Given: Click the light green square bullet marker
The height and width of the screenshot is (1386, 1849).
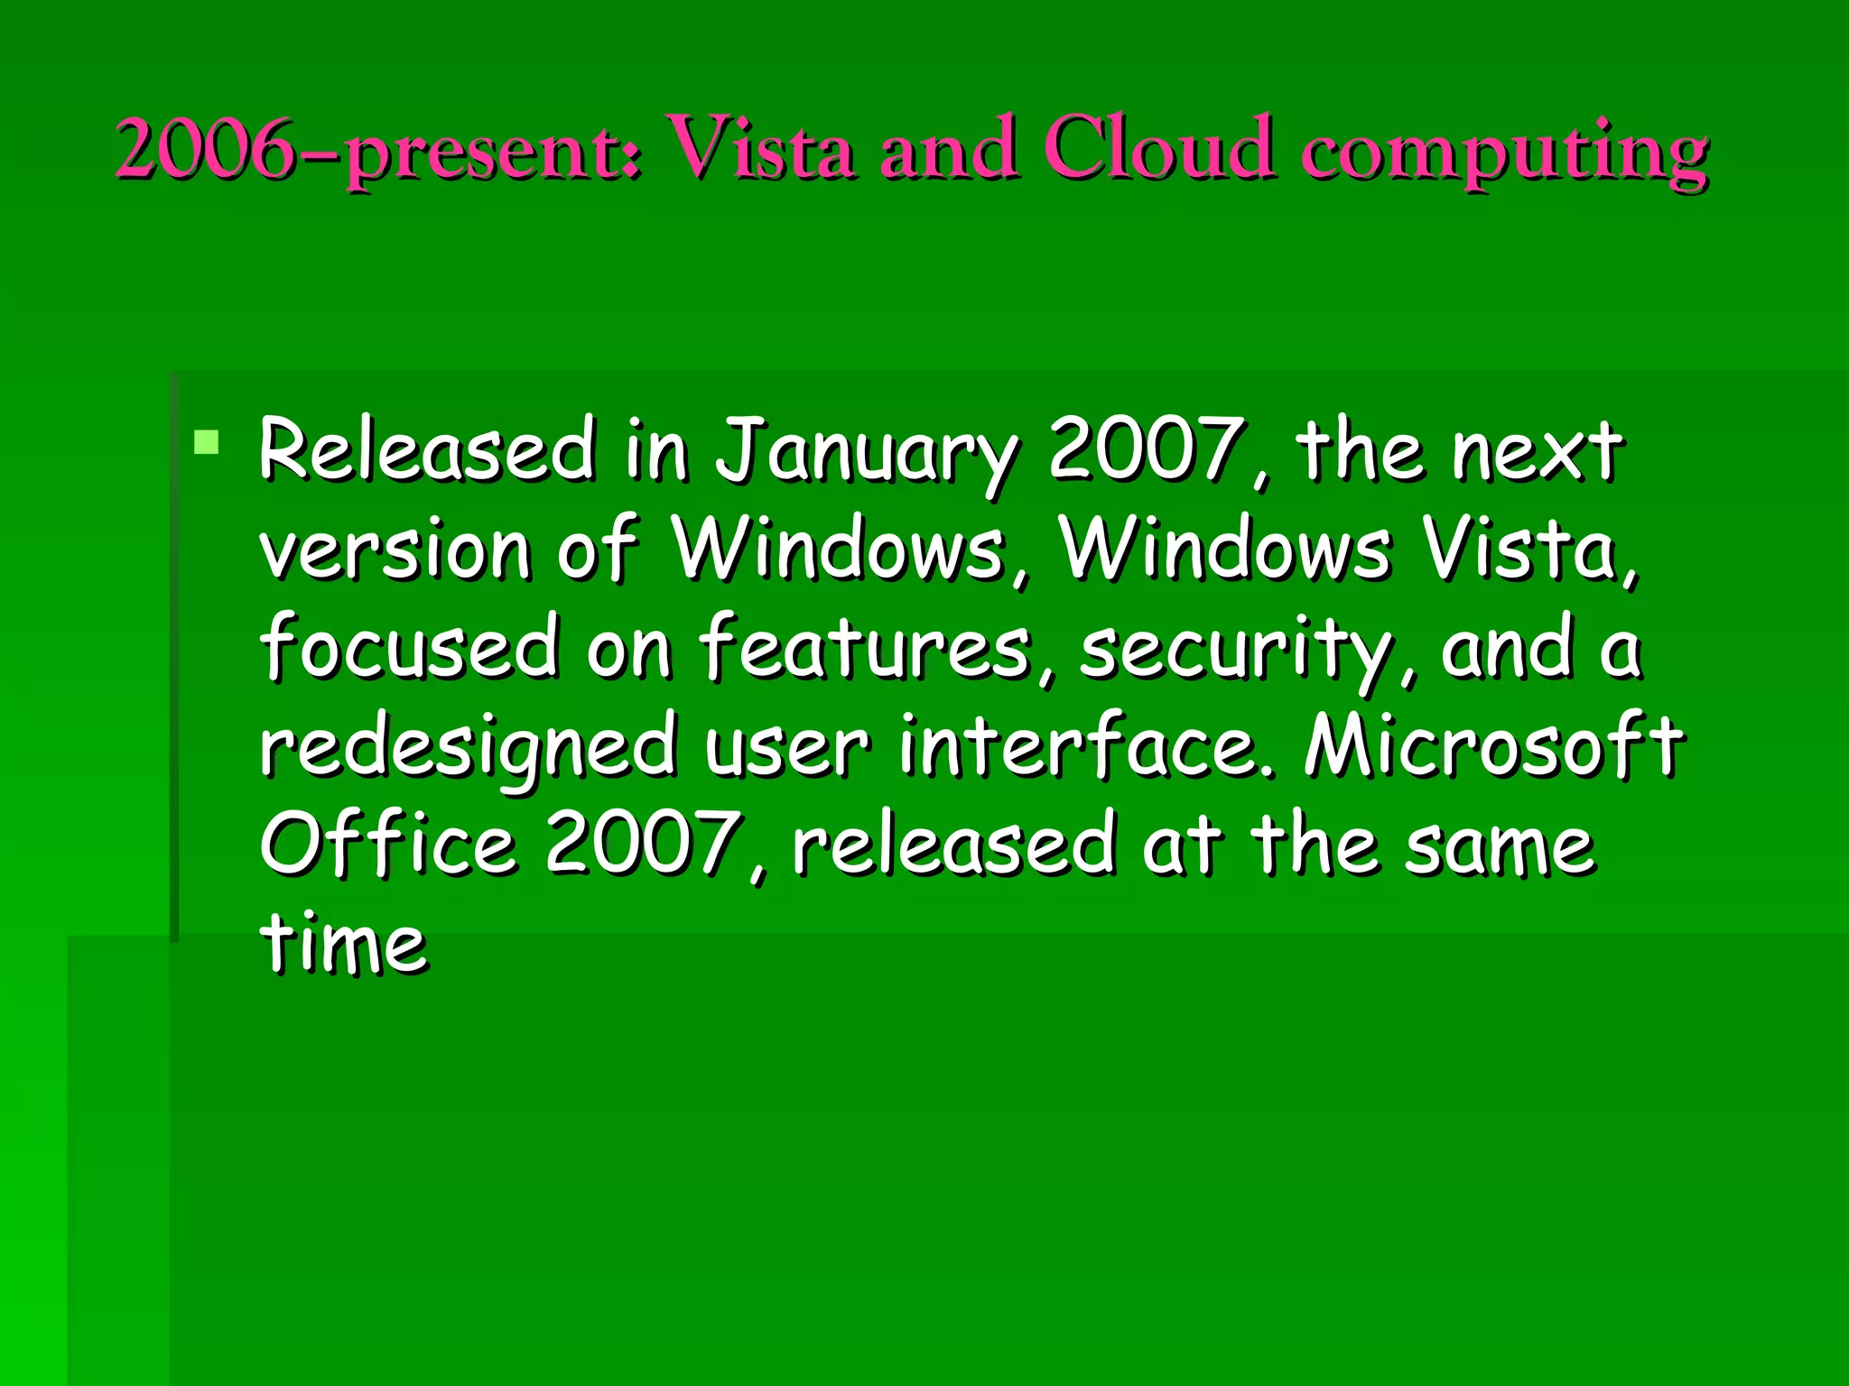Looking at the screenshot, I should tap(207, 442).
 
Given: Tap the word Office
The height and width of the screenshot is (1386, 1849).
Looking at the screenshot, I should tap(388, 843).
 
